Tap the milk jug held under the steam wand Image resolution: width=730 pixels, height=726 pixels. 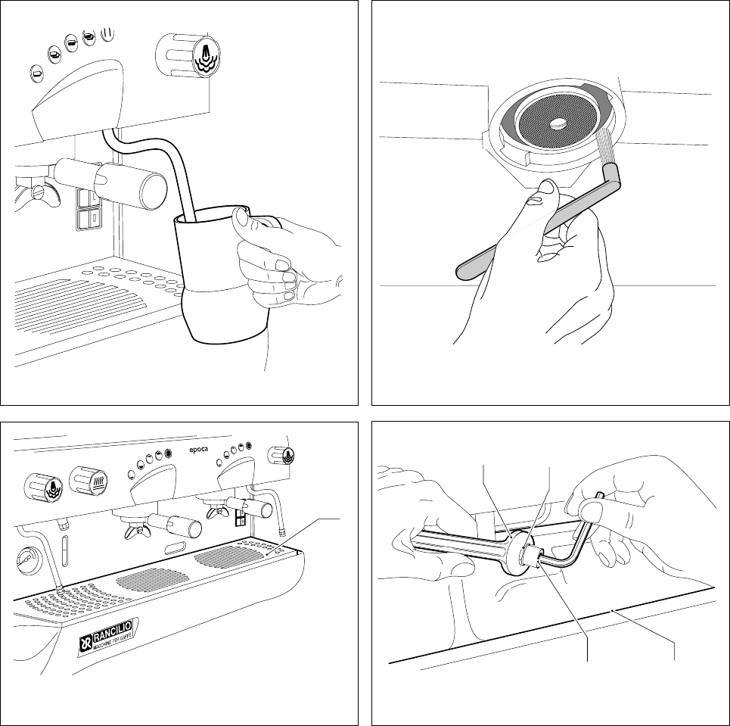[x=215, y=280]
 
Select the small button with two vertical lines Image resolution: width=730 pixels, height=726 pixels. [x=107, y=34]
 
